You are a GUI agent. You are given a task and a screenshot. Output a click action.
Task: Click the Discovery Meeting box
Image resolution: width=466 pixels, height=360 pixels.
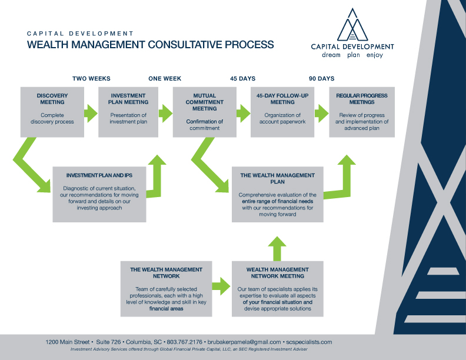tap(52, 112)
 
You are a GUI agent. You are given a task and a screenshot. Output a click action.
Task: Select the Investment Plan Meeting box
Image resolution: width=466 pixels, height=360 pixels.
tap(129, 112)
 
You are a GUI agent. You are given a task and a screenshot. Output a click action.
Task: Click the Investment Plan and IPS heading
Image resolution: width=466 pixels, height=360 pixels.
tap(99, 175)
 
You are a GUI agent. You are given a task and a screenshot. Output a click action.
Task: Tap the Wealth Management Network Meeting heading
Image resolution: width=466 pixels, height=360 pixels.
tap(278, 273)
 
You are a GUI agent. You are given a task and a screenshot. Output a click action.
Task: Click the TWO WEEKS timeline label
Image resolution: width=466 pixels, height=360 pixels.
tap(91, 79)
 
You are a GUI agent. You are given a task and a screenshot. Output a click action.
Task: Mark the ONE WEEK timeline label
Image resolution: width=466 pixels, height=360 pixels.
tap(165, 79)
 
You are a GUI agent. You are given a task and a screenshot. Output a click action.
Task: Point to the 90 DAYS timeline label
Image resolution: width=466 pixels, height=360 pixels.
tap(321, 79)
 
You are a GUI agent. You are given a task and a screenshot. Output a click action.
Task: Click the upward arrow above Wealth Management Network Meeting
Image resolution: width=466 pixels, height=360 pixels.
tap(278, 248)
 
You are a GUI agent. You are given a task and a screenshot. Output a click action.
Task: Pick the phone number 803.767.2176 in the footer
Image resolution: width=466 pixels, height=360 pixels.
tap(184, 342)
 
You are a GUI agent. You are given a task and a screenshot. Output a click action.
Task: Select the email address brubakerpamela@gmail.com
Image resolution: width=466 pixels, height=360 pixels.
tap(244, 342)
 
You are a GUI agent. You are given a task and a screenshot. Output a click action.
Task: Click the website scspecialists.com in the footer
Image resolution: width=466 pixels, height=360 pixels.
tap(308, 342)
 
